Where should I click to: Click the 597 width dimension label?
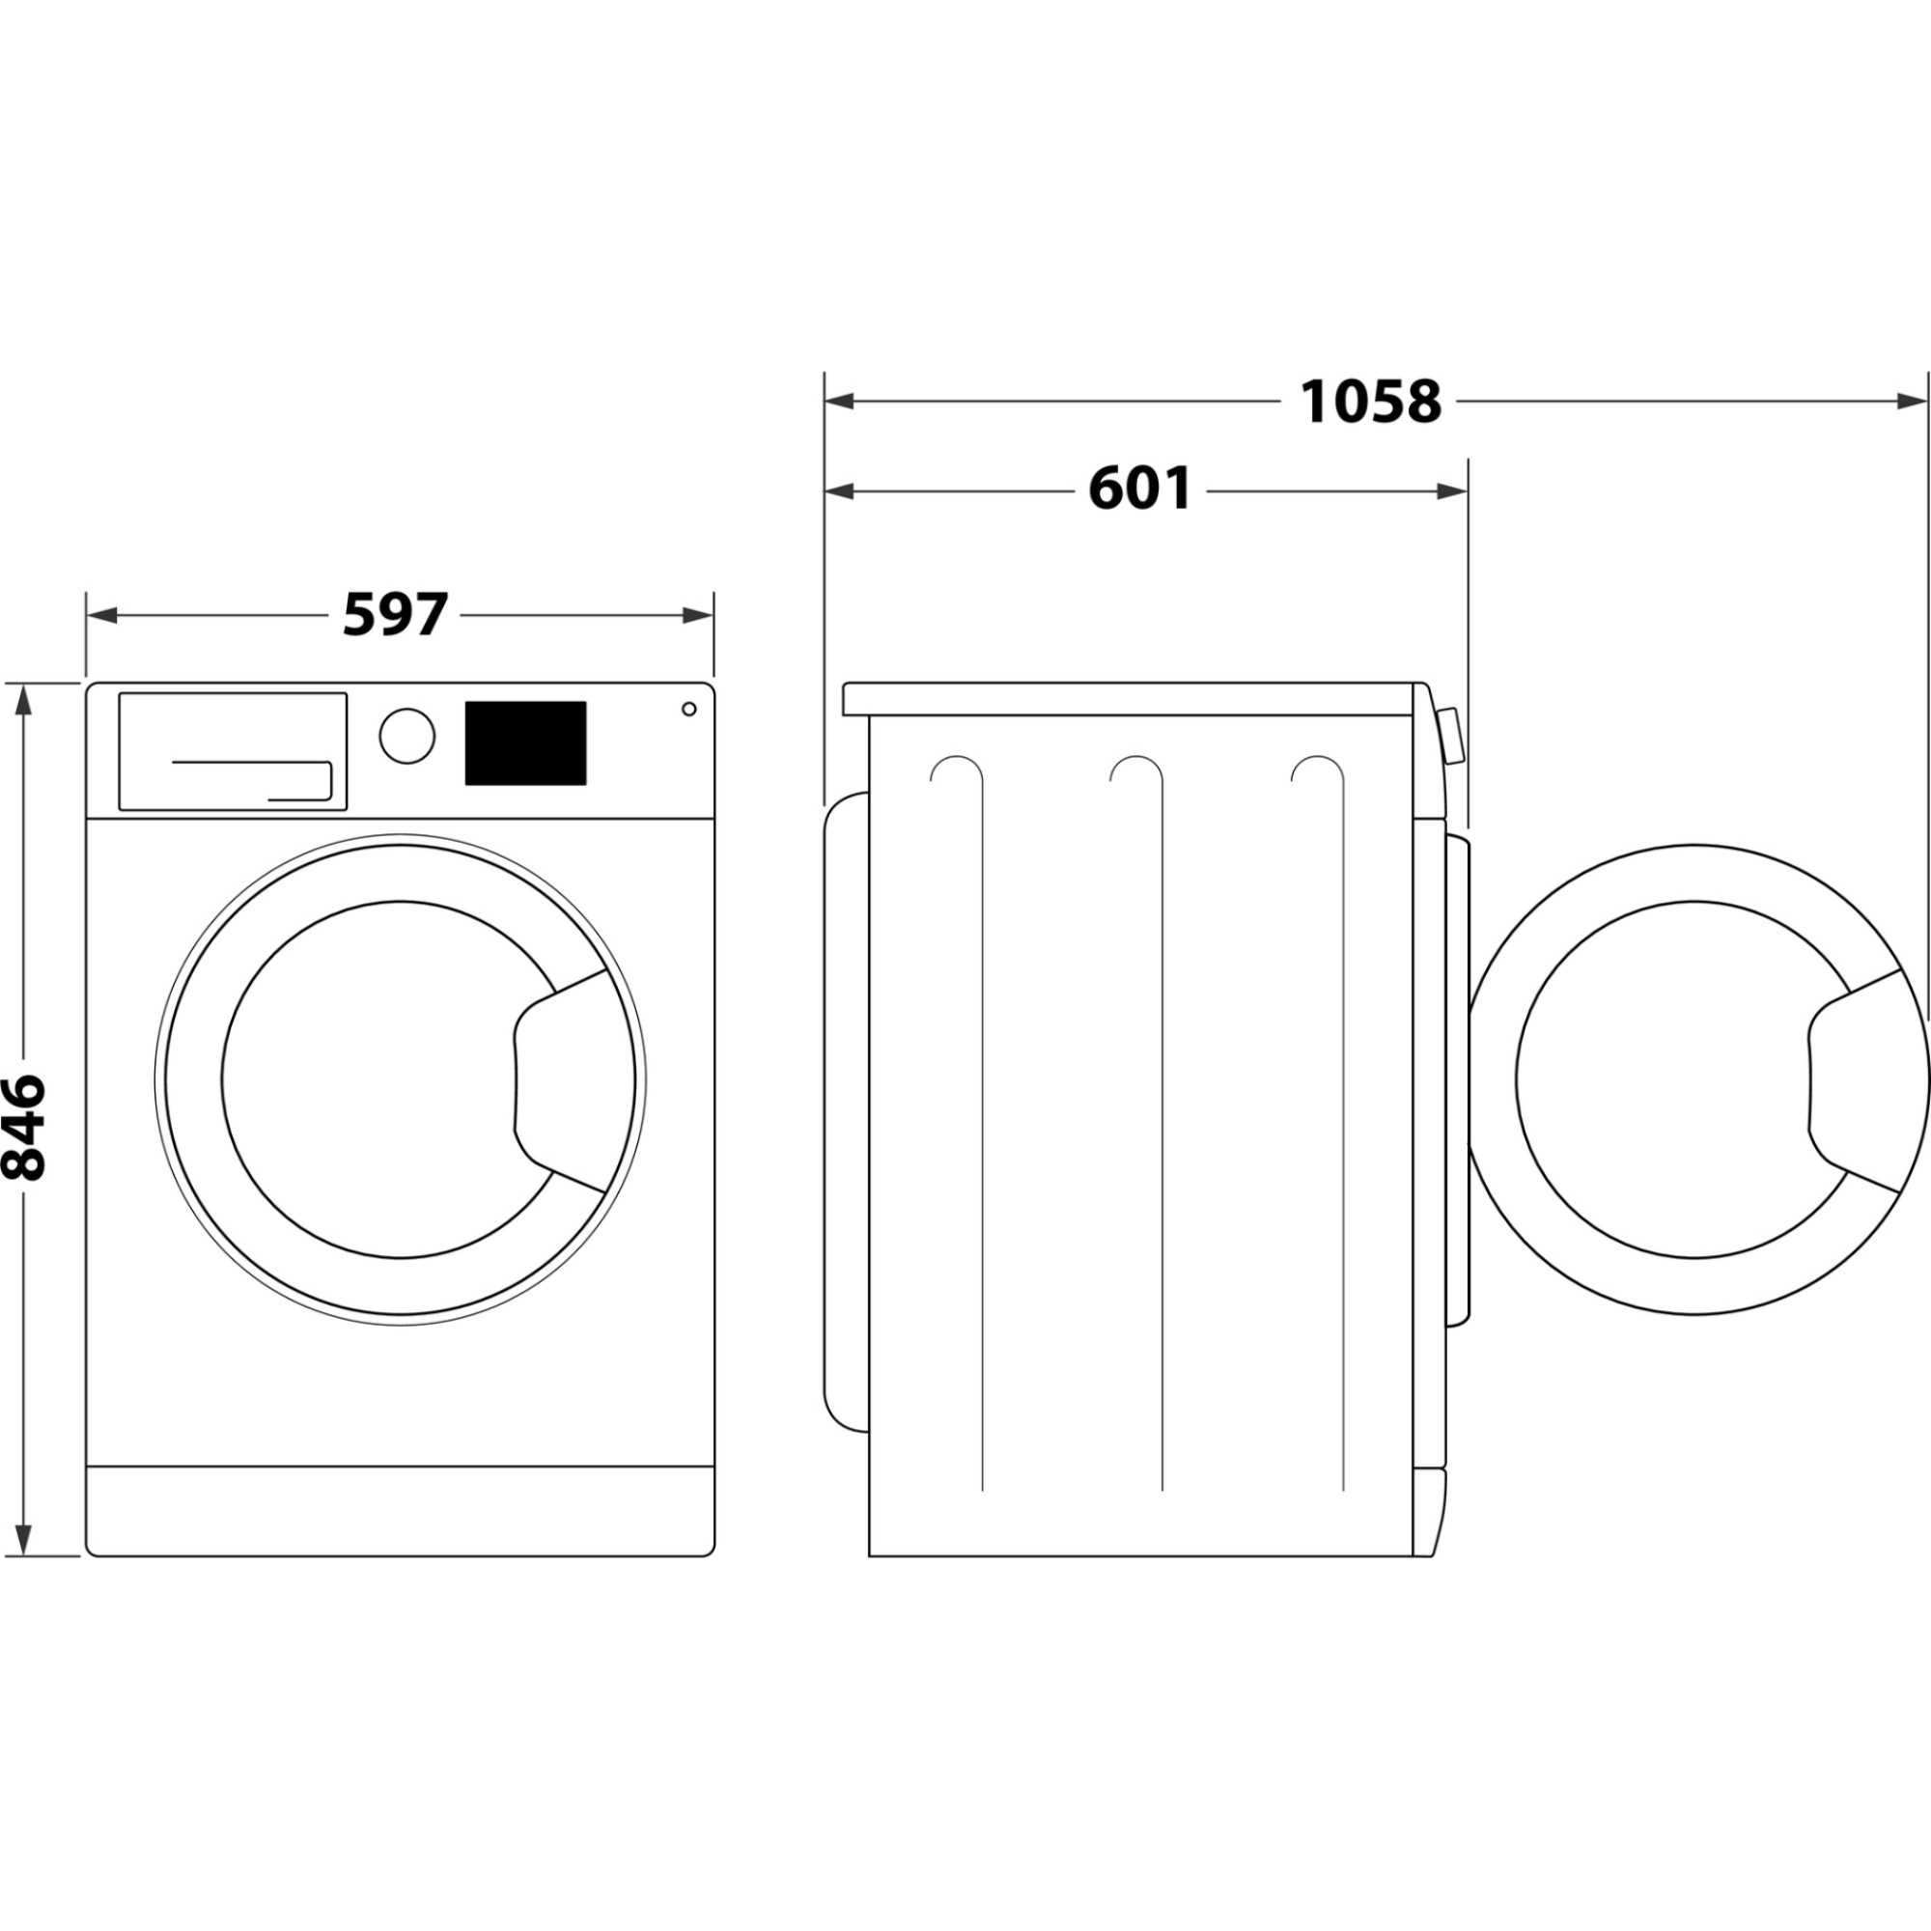click(395, 615)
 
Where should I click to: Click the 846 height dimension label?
click(24, 1127)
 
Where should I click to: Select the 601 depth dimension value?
click(1138, 490)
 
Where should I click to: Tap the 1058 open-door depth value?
click(1369, 402)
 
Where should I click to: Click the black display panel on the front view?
click(524, 742)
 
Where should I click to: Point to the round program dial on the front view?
click(406, 737)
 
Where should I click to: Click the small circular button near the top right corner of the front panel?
click(688, 709)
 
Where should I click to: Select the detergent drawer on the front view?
click(233, 750)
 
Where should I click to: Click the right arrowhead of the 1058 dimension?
click(1909, 402)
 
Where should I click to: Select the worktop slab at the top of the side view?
click(1130, 699)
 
